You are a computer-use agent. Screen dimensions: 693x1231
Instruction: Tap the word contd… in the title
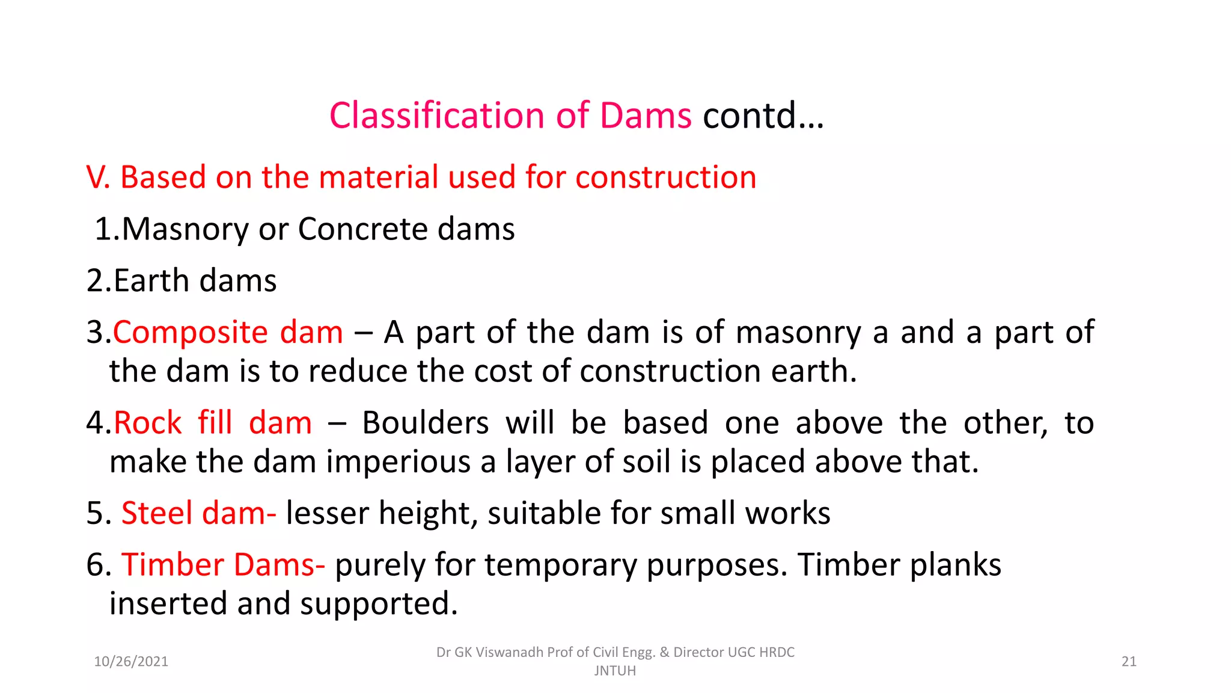pos(763,115)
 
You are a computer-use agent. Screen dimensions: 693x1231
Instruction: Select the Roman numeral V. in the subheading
pos(98,177)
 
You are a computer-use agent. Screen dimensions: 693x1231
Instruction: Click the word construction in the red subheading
pos(665,177)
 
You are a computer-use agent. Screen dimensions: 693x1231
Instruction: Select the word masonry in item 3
pos(798,333)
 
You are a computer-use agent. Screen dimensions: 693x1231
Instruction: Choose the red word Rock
pos(147,423)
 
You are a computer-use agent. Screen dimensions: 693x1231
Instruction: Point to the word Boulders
pos(426,423)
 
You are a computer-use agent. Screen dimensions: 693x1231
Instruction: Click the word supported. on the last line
pos(379,604)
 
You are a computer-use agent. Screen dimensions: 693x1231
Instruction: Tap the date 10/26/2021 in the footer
pos(131,662)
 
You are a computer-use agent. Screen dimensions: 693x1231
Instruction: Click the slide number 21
pos(1129,662)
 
